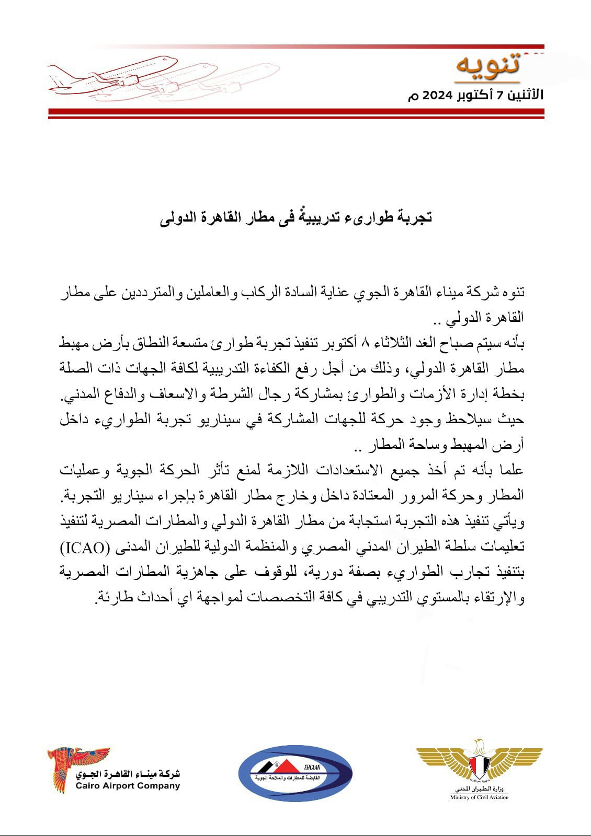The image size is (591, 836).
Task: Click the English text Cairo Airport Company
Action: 128,785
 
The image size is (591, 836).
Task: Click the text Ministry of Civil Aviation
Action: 479,797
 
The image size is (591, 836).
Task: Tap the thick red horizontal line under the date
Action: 296,112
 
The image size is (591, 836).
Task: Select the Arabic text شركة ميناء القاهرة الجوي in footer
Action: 128,774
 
